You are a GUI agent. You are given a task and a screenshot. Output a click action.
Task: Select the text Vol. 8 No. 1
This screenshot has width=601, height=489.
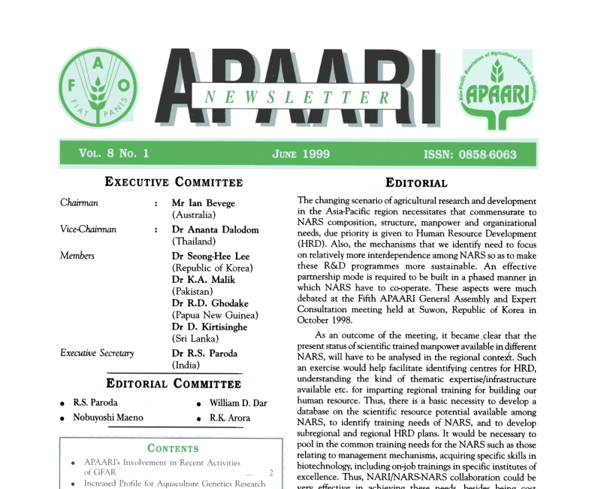113,153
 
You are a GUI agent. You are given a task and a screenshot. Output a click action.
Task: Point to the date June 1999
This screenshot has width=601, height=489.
300,154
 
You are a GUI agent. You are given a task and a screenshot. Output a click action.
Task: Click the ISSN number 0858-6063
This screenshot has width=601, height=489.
470,154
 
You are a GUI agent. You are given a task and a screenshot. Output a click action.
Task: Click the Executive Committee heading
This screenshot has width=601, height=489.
174,182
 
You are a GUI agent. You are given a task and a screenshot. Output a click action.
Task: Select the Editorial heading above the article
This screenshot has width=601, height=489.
416,183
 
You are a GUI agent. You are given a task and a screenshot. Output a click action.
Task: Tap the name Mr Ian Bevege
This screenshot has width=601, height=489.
203,203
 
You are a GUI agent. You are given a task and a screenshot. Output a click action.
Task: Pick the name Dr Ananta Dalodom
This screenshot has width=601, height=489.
214,229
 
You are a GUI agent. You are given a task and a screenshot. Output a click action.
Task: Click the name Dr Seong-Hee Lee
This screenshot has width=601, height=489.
210,256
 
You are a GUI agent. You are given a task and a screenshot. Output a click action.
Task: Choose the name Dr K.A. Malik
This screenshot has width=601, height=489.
204,280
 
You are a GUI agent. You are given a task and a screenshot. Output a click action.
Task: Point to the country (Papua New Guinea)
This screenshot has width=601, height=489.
216,315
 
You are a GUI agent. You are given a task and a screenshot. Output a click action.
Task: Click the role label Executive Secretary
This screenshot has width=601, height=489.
97,353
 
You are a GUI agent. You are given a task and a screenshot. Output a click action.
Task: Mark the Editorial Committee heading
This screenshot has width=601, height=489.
174,384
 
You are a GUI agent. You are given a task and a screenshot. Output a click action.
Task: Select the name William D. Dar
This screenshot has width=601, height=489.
238,403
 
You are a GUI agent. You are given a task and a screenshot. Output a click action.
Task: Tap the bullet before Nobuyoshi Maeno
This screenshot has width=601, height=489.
63,418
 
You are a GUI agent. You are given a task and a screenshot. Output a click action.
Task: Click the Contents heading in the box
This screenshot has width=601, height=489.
173,448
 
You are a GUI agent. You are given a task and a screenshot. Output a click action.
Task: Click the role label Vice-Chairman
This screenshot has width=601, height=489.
88,229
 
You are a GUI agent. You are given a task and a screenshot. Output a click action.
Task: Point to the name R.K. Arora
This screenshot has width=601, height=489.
229,418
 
